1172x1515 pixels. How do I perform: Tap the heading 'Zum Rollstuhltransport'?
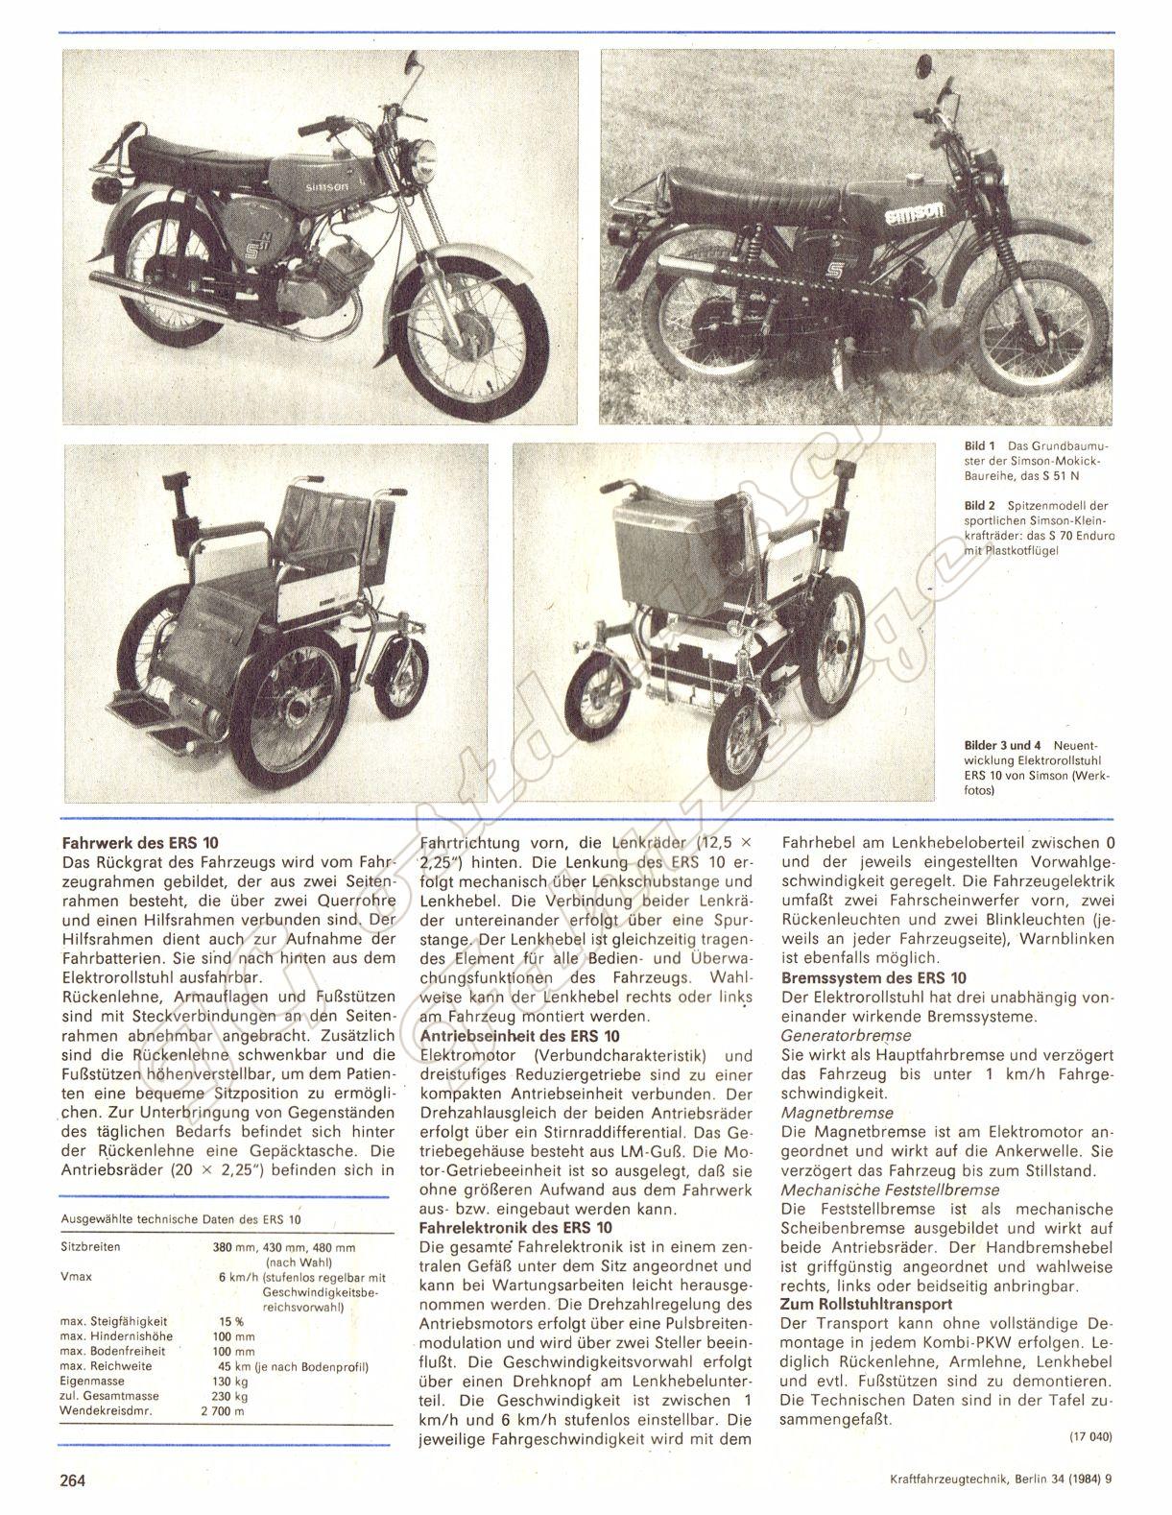click(867, 1304)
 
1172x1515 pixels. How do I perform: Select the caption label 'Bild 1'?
click(979, 446)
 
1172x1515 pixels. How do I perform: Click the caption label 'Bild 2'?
click(979, 504)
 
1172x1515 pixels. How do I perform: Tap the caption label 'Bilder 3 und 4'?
click(1003, 744)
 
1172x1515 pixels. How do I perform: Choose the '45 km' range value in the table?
click(233, 1365)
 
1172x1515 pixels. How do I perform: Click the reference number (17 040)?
click(1088, 1437)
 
